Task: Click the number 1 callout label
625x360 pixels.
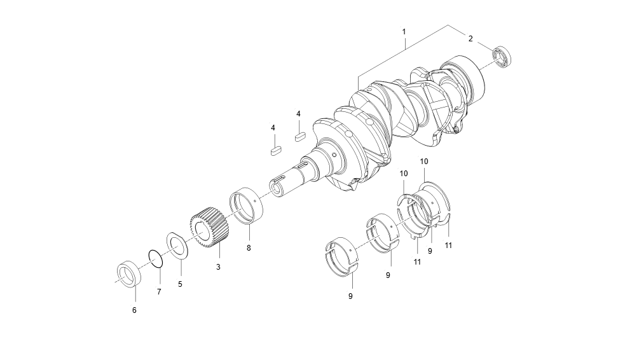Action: tap(404, 31)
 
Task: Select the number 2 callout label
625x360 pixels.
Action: tap(470, 38)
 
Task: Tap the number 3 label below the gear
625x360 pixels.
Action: tap(218, 267)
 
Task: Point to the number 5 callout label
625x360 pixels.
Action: tap(180, 284)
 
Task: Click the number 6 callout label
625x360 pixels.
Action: tap(134, 310)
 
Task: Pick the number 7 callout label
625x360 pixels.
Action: tap(159, 291)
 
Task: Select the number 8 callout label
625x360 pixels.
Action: tap(249, 247)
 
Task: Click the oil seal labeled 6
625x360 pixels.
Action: tap(129, 273)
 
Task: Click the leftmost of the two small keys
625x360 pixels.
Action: tap(275, 151)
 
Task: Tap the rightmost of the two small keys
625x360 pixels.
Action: tap(300, 135)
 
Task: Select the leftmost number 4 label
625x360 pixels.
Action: tap(273, 128)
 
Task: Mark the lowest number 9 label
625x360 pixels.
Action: tap(350, 296)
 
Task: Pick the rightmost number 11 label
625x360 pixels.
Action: tap(448, 245)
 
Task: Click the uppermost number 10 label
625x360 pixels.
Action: tap(424, 162)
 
